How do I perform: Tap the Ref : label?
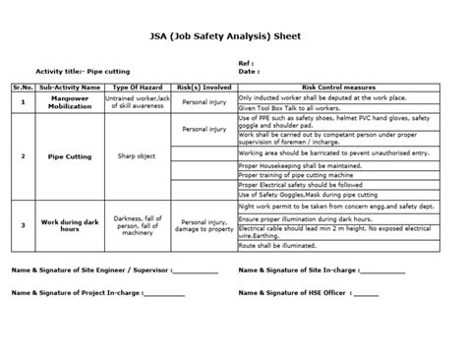[247, 63]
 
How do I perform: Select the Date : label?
[249, 71]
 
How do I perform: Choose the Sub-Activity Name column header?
[69, 87]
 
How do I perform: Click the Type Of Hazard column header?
[137, 87]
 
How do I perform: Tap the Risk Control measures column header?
[343, 87]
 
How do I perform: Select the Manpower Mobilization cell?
[69, 101]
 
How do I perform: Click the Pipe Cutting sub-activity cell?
[69, 155]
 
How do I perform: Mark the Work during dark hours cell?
[69, 226]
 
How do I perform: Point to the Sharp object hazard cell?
[137, 155]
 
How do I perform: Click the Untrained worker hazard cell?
[137, 101]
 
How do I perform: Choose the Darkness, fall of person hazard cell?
[137, 226]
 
